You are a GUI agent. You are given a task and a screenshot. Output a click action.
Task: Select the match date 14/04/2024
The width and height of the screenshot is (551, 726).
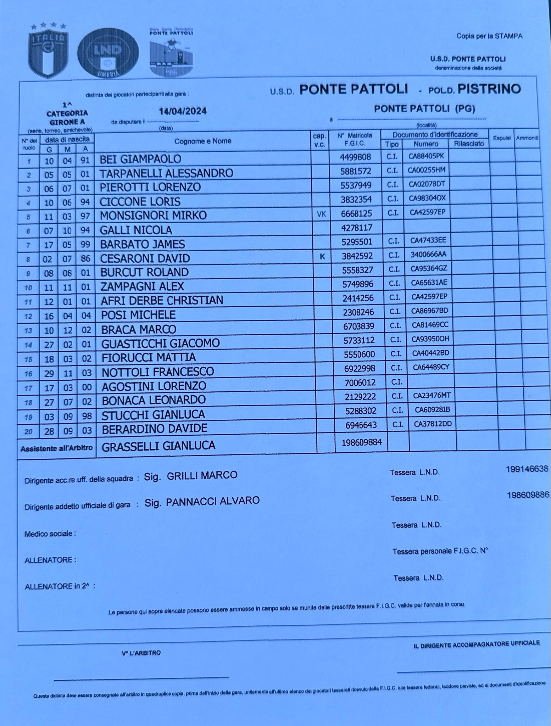pyautogui.click(x=183, y=111)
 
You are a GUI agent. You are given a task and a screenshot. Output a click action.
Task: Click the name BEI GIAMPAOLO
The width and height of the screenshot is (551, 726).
pyautogui.click(x=140, y=159)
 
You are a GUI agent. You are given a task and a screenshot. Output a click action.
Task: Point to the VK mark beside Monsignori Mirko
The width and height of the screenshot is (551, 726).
pyautogui.click(x=321, y=214)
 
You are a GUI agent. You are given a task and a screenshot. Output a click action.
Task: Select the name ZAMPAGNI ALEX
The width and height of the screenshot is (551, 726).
pyautogui.click(x=142, y=286)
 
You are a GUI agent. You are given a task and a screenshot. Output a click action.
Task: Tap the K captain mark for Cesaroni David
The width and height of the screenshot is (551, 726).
pyautogui.click(x=322, y=256)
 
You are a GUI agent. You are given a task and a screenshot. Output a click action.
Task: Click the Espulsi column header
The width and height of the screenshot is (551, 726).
pyautogui.click(x=502, y=138)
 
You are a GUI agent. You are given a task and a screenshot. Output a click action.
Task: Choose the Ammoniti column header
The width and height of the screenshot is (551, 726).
pyautogui.click(x=527, y=138)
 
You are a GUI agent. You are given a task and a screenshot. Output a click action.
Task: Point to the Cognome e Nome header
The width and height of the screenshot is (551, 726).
pyautogui.click(x=202, y=141)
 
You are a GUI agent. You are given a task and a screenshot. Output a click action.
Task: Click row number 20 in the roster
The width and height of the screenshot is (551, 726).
pyautogui.click(x=28, y=431)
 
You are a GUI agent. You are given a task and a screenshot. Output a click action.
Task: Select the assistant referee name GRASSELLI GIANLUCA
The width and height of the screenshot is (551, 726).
pyautogui.click(x=158, y=446)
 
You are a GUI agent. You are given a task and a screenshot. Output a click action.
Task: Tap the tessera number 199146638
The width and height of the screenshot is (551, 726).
pyautogui.click(x=527, y=469)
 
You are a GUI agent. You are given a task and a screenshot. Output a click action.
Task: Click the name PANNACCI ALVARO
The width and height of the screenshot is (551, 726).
pyautogui.click(x=213, y=501)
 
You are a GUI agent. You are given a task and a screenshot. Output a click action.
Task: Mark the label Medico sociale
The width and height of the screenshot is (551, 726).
pyautogui.click(x=50, y=534)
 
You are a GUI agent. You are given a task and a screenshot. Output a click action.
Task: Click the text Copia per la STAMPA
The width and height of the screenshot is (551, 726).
pyautogui.click(x=489, y=36)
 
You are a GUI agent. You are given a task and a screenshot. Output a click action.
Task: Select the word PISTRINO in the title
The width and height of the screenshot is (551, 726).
pyautogui.click(x=489, y=89)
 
